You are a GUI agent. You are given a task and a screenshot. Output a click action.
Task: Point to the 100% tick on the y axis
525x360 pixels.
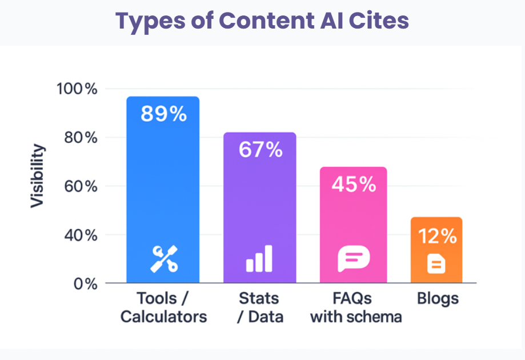pos(77,89)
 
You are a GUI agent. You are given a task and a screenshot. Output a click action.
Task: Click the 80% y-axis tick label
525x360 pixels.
pos(78,138)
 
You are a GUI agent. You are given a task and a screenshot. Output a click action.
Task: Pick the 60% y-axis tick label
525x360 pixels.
pos(78,186)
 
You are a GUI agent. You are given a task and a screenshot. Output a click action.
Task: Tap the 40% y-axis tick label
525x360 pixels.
pos(78,235)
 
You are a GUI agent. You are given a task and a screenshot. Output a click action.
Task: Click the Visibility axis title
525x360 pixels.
pos(38,176)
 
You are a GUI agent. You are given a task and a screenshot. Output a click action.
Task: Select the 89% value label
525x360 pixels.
pos(163,114)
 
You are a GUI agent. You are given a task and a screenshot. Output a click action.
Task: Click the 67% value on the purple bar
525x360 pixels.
pos(261,150)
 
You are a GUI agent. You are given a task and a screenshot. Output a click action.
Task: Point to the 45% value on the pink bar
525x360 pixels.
pos(354,184)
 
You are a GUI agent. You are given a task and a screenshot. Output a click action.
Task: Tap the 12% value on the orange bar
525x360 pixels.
pos(436,236)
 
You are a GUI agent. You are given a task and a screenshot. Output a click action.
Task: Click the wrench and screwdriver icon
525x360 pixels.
pos(163,259)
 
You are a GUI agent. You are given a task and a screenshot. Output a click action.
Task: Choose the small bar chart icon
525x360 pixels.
pos(259,259)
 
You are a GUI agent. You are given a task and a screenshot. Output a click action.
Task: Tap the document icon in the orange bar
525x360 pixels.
pos(436,264)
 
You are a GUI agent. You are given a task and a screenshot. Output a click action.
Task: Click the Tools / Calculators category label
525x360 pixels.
pos(163,307)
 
